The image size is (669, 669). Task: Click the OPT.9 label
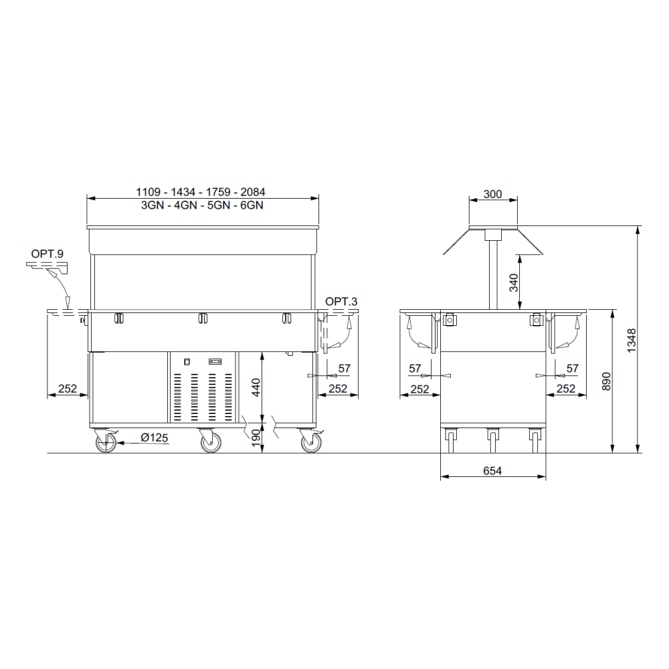47,254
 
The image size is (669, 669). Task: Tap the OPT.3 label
341,302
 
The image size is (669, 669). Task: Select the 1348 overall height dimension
632,340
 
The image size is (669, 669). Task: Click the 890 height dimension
606,381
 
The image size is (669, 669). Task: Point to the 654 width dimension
492,470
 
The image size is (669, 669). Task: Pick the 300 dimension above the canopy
492,194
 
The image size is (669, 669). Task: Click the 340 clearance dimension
513,282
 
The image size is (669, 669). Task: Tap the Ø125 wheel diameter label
155,438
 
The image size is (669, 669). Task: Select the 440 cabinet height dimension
256,387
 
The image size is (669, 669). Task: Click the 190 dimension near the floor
256,438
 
